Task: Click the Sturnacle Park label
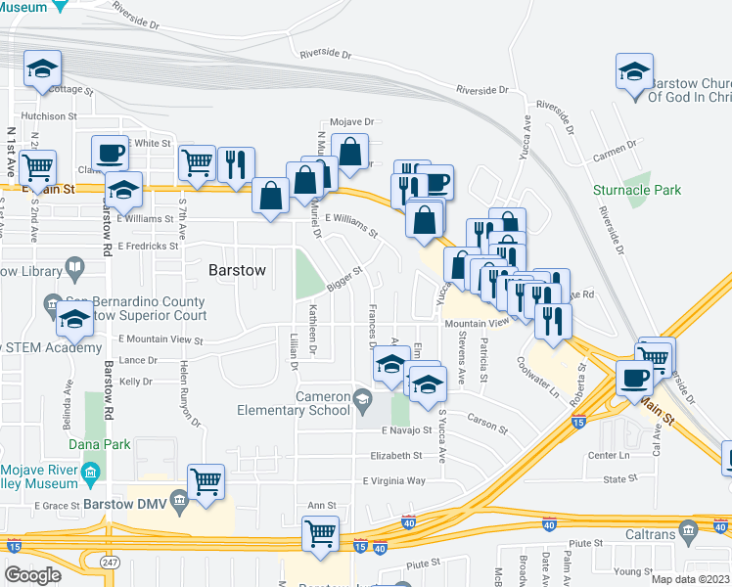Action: pyautogui.click(x=637, y=190)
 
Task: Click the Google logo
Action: pyautogui.click(x=32, y=575)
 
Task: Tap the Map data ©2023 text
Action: pyautogui.click(x=691, y=579)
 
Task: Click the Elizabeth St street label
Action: pyautogui.click(x=395, y=455)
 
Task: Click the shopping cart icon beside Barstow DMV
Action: pyautogui.click(x=206, y=479)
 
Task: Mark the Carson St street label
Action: pyautogui.click(x=488, y=429)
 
